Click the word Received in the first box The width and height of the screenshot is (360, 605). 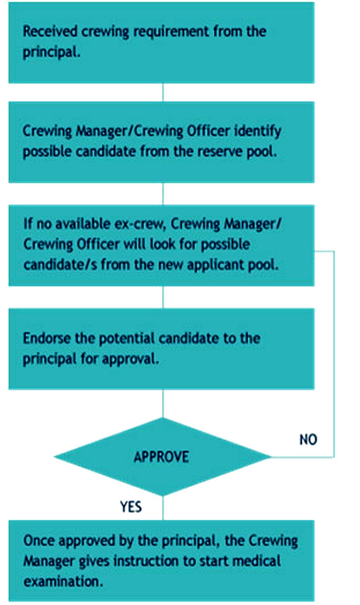coord(46,32)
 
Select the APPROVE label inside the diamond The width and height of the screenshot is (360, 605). coord(161,457)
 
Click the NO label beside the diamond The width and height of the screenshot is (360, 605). coord(308,440)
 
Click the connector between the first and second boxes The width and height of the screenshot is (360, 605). coord(163,92)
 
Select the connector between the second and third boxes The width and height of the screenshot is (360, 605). coord(163,194)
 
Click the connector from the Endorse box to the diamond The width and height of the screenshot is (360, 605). coord(163,403)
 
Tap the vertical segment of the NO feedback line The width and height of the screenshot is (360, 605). coord(334,353)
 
